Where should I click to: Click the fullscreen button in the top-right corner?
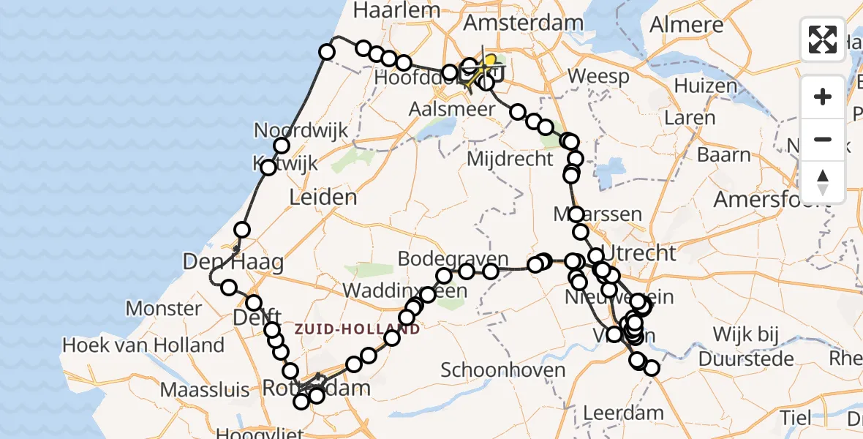pyautogui.click(x=823, y=40)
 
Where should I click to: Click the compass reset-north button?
pyautogui.click(x=823, y=182)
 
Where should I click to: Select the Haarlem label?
pyautogui.click(x=397, y=10)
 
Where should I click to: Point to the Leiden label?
pyautogui.click(x=323, y=196)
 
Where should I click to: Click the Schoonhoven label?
pyautogui.click(x=503, y=369)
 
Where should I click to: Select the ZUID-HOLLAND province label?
pyautogui.click(x=357, y=329)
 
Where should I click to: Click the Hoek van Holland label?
pyautogui.click(x=143, y=345)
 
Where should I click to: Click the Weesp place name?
pyautogui.click(x=598, y=75)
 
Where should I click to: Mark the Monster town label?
pyautogui.click(x=163, y=308)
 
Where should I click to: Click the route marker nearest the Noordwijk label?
pyautogui.click(x=282, y=146)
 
